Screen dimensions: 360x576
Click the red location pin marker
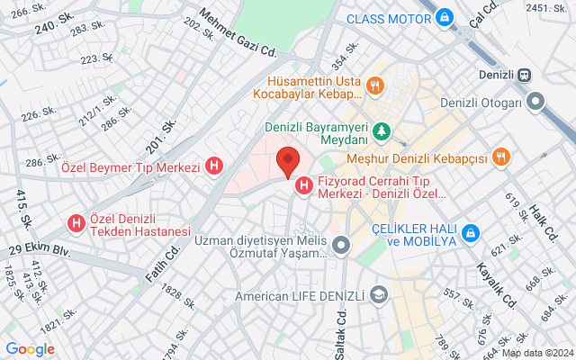[x=287, y=162]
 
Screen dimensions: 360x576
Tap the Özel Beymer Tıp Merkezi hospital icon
[x=214, y=166]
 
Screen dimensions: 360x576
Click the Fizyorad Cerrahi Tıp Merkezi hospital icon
[x=304, y=185]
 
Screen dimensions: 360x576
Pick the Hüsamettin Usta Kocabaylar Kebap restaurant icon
[x=375, y=86]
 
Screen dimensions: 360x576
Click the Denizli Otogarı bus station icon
[x=535, y=103]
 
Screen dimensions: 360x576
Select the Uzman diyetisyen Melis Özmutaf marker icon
[x=340, y=245]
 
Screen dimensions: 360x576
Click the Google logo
[x=30, y=349]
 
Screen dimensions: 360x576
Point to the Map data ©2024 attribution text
[x=536, y=353]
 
